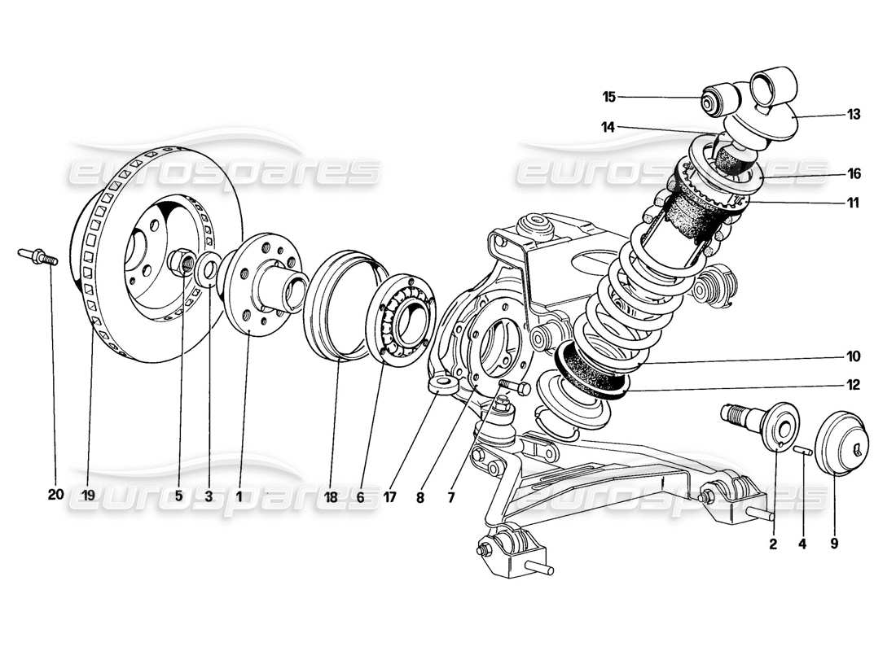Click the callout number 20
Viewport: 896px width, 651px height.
pyautogui.click(x=55, y=493)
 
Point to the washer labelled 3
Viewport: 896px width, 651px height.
pyautogui.click(x=208, y=269)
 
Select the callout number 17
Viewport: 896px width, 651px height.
pyautogui.click(x=389, y=493)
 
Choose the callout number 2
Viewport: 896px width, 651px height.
pyautogui.click(x=773, y=545)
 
